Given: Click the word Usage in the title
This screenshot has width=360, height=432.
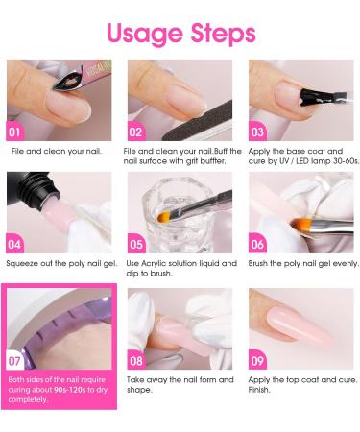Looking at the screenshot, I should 140,35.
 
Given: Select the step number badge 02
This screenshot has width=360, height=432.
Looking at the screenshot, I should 135,132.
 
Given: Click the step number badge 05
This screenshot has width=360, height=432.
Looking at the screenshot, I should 135,244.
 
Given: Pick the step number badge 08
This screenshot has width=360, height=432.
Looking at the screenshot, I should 135,361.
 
